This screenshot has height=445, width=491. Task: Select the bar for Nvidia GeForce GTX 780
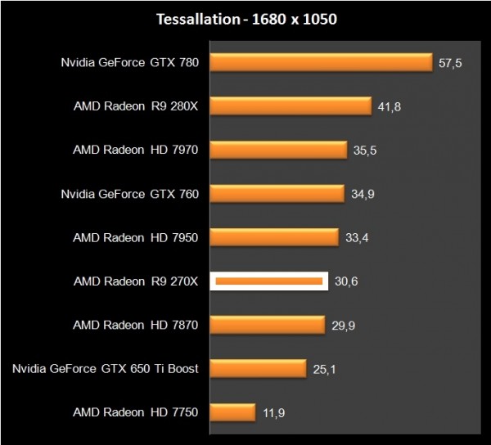(x=321, y=62)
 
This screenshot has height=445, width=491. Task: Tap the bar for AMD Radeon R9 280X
(x=291, y=106)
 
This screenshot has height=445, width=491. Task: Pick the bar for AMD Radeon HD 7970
(x=279, y=150)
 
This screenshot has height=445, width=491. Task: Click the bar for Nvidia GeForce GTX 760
(x=277, y=193)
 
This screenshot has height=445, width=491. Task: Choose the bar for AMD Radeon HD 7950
(x=275, y=237)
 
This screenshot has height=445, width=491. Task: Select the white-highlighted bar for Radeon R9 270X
(x=269, y=281)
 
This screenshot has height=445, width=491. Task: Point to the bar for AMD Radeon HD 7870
(x=268, y=325)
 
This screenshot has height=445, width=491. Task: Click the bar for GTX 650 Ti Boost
(x=259, y=369)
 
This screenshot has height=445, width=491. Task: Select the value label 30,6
(x=347, y=281)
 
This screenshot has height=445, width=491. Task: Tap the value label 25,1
(x=325, y=369)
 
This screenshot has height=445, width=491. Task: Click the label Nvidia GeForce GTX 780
(x=129, y=62)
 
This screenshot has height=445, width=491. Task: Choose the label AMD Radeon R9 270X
(x=136, y=281)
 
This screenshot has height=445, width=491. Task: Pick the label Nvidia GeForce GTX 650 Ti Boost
(x=106, y=369)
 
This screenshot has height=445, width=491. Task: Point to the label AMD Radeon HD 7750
(x=136, y=412)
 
